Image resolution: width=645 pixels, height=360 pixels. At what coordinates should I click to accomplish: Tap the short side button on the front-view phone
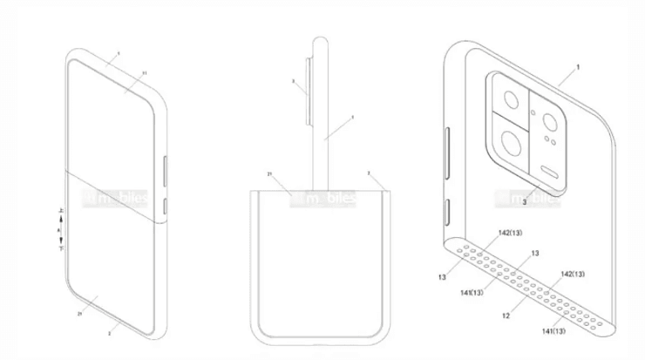[165, 207]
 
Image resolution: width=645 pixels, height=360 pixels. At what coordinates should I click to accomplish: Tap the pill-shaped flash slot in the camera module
[550, 170]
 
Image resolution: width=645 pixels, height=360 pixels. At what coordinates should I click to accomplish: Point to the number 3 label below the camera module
[524, 203]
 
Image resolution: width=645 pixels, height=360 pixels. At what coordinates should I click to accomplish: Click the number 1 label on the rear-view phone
[576, 66]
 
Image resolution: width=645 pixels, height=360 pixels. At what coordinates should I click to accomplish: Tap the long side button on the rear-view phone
[448, 149]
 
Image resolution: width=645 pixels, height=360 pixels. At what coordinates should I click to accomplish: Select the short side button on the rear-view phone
[448, 209]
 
